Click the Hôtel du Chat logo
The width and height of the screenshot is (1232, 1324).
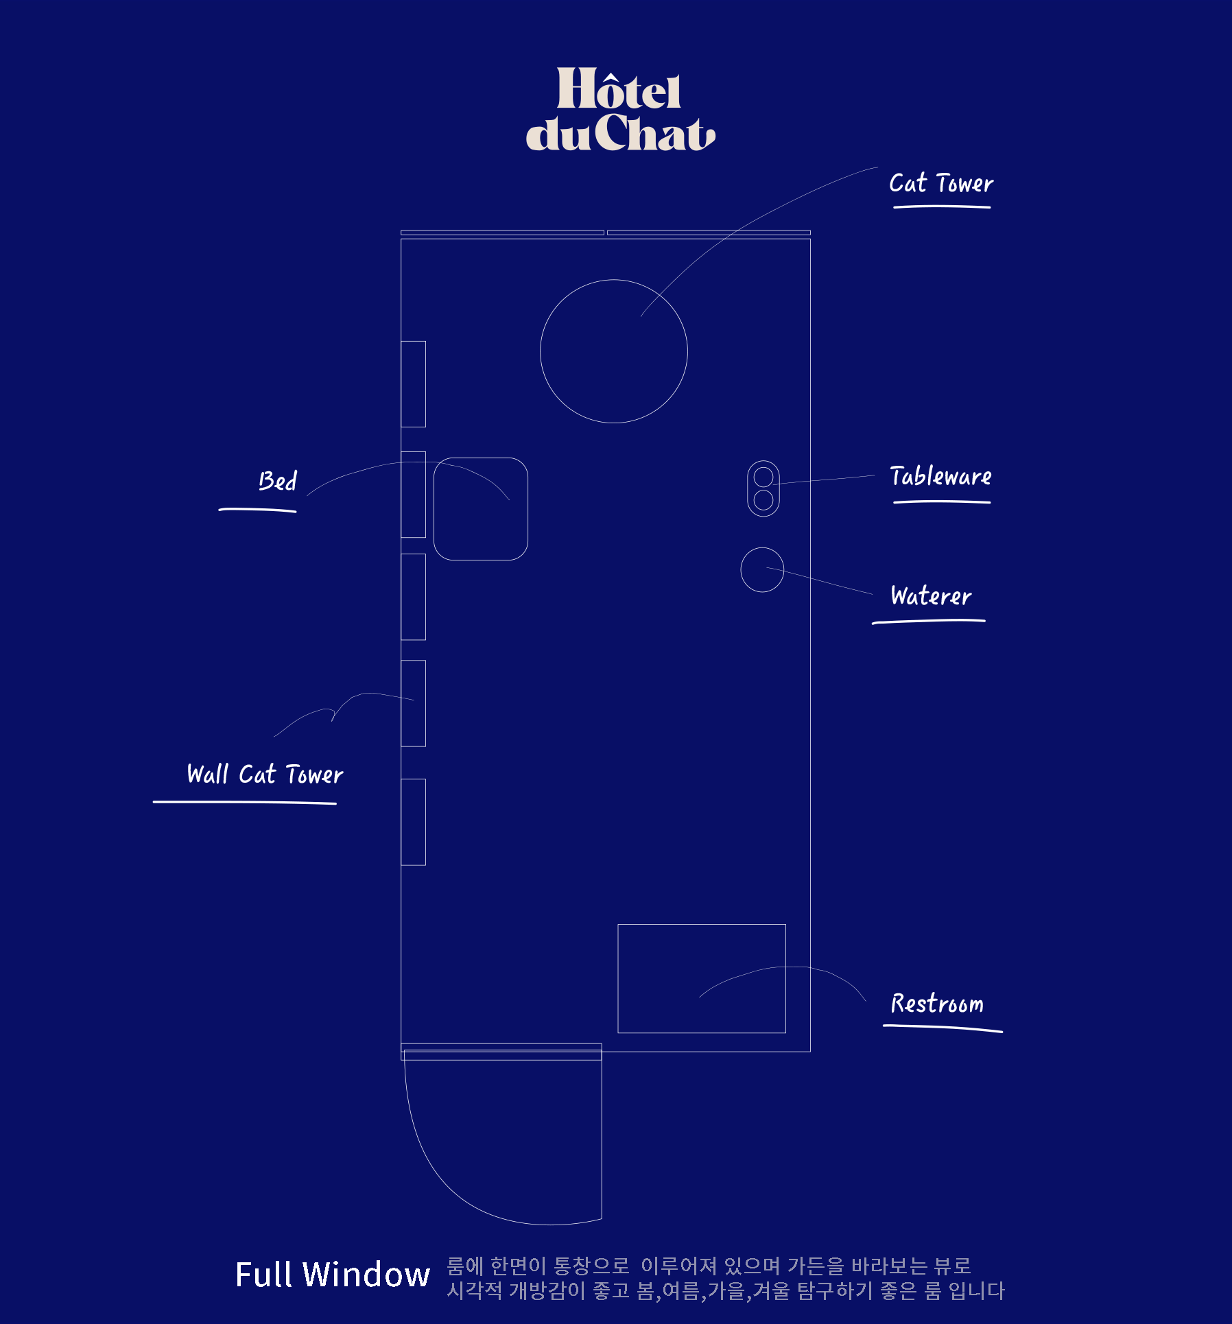pyautogui.click(x=620, y=108)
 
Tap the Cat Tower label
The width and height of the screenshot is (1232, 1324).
pyautogui.click(x=941, y=183)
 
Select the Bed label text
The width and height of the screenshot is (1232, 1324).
pyautogui.click(x=278, y=480)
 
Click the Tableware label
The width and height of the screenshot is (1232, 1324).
pyautogui.click(x=940, y=476)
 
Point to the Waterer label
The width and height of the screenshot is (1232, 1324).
pyautogui.click(x=931, y=595)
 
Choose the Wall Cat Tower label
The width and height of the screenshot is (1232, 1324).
pyautogui.click(x=265, y=774)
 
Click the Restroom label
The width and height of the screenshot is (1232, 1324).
pyautogui.click(x=937, y=1004)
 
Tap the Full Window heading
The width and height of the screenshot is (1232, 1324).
pyautogui.click(x=333, y=1275)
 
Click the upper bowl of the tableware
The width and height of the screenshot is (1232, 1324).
pyautogui.click(x=763, y=477)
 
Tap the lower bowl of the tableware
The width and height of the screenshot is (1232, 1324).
pyautogui.click(x=763, y=500)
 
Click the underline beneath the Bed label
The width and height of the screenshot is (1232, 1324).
pyautogui.click(x=257, y=510)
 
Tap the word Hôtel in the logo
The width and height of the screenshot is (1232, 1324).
pyautogui.click(x=619, y=89)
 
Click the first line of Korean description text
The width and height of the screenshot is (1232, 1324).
pyautogui.click(x=709, y=1266)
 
